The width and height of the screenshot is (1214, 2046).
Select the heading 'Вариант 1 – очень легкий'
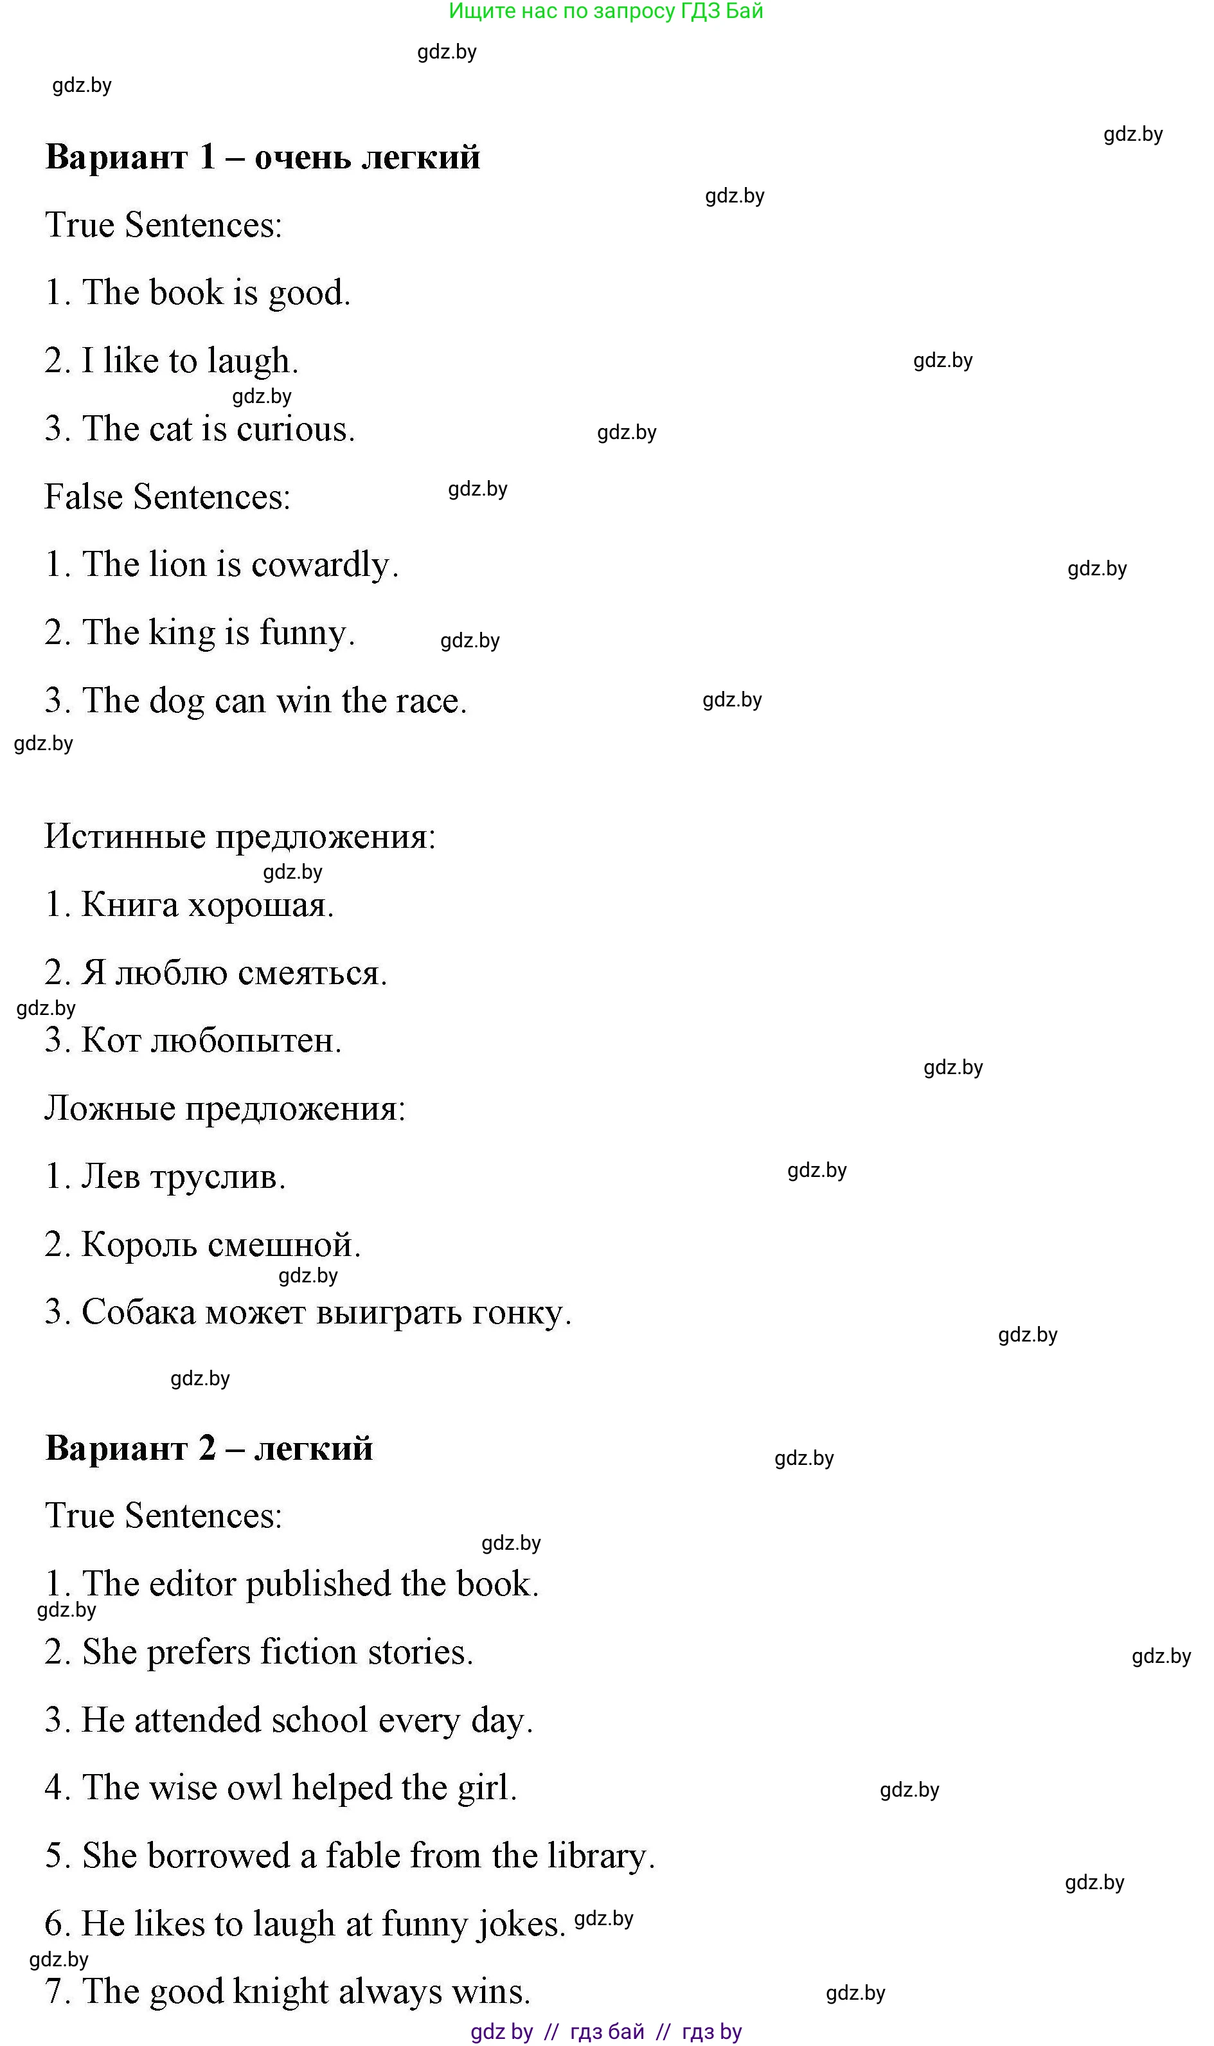click(263, 157)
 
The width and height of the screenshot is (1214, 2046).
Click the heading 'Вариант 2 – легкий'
click(210, 1449)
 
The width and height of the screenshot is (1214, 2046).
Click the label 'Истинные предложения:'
click(240, 837)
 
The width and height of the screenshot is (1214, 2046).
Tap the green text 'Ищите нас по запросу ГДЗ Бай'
click(605, 12)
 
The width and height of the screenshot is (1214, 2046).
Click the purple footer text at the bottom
click(606, 2031)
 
